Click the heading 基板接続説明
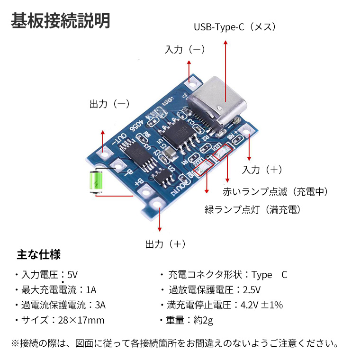click(61, 20)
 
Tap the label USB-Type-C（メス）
click(235, 27)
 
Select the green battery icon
click(97, 181)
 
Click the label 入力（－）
click(185, 49)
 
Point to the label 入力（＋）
click(262, 170)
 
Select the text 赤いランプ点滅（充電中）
click(275, 192)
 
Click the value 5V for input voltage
click(72, 275)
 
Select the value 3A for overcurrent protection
click(99, 305)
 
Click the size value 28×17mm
click(81, 320)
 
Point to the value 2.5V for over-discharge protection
click(252, 290)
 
